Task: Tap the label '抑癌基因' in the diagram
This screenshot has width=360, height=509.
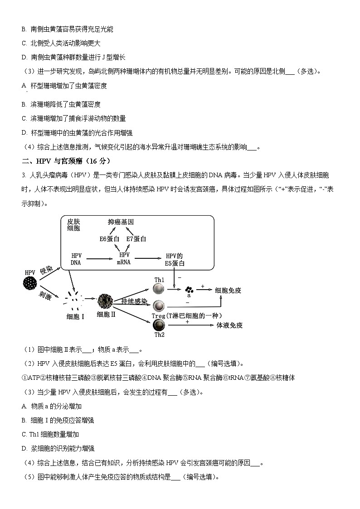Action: [121, 222]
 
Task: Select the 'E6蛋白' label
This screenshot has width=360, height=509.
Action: [109, 239]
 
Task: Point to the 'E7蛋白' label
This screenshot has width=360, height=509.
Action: [136, 239]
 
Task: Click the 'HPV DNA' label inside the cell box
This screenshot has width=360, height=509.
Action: [76, 259]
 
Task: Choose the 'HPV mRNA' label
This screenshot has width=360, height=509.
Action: [124, 259]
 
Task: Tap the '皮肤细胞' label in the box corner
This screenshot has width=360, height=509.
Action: [73, 225]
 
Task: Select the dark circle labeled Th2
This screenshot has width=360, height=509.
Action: [159, 325]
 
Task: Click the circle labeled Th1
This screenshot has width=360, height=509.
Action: [159, 289]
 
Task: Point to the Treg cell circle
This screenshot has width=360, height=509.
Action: [159, 305]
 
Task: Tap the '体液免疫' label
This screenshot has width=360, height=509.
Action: [229, 325]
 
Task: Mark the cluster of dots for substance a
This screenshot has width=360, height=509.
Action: [189, 289]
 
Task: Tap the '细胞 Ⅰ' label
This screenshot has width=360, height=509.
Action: [75, 316]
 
